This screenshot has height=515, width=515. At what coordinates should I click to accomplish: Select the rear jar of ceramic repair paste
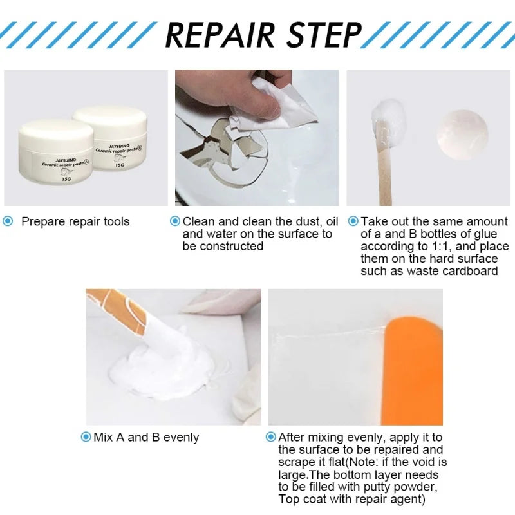pyautogui.click(x=113, y=132)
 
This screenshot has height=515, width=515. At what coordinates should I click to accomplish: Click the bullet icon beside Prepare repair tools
pyautogui.click(x=8, y=221)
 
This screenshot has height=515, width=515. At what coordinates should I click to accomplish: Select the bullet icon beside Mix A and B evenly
pyautogui.click(x=86, y=437)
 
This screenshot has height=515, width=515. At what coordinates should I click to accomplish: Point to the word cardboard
pyautogui.click(x=470, y=271)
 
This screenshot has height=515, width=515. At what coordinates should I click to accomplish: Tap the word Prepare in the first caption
pyautogui.click(x=42, y=221)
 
